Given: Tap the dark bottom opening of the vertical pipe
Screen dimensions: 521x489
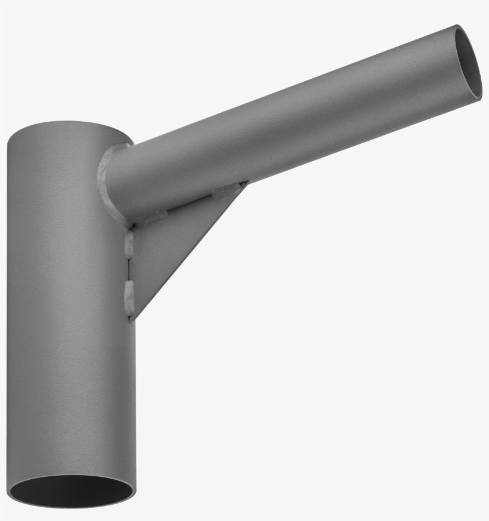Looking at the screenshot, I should click(x=72, y=492).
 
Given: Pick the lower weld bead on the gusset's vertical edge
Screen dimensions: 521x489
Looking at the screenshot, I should click(x=129, y=297).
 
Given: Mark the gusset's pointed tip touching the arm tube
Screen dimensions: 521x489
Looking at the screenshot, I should click(x=246, y=183).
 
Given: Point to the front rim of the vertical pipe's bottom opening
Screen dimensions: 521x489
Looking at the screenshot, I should click(x=72, y=507).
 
